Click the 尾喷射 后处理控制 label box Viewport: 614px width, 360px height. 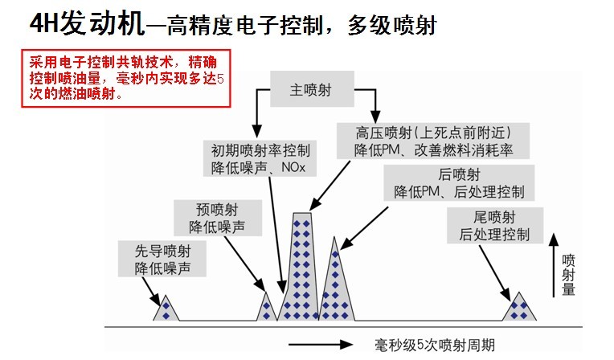(x=494, y=226)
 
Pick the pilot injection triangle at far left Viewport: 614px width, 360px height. (x=166, y=309)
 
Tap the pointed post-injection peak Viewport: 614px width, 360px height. (x=337, y=281)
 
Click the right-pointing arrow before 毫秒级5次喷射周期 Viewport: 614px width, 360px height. (x=320, y=346)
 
